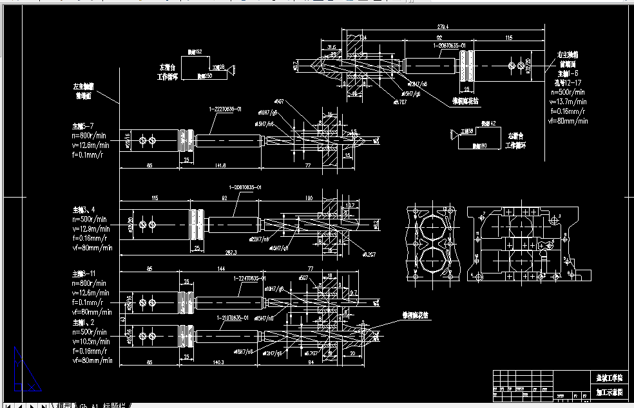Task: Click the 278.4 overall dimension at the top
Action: [442, 28]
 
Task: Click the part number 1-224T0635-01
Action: [251, 279]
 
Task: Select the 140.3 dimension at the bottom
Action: [218, 363]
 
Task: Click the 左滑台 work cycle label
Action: [168, 71]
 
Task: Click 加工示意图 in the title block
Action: [608, 391]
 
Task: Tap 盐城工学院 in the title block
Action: [608, 378]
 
